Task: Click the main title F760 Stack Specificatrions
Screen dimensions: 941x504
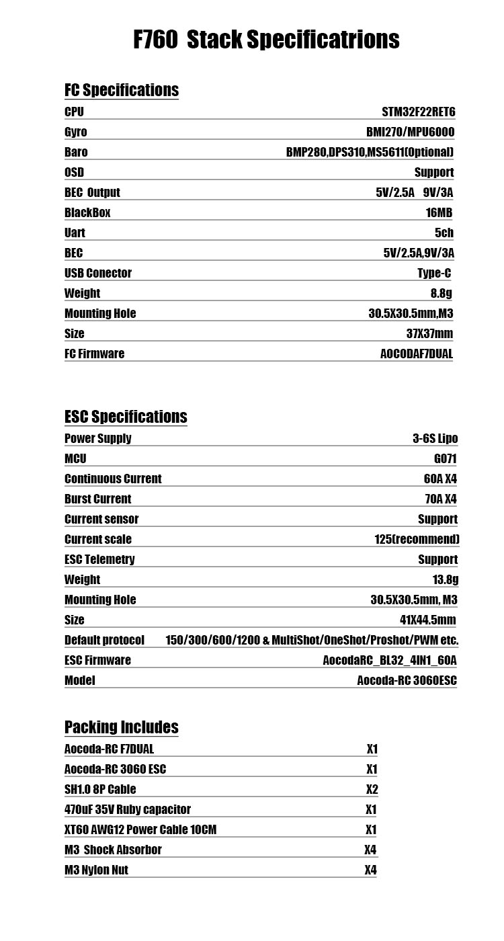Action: tap(266, 40)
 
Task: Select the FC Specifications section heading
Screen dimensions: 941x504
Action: tap(122, 90)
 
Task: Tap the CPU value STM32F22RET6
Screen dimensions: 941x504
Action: tap(419, 112)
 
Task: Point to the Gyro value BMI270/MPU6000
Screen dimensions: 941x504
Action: tap(410, 132)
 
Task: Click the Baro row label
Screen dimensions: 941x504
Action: tap(76, 152)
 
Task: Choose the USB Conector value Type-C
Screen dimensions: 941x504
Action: tap(434, 273)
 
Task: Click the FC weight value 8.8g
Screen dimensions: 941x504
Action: tap(442, 293)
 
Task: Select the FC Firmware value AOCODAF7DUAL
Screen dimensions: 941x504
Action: tap(417, 354)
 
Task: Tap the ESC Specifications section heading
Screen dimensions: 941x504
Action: tap(126, 417)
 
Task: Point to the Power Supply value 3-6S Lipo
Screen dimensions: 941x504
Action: tap(435, 438)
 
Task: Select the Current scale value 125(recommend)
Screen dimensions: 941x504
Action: tap(417, 539)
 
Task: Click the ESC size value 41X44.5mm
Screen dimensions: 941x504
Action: tap(427, 620)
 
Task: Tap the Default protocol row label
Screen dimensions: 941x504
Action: tap(104, 640)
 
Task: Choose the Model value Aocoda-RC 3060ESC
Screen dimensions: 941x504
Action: tap(407, 680)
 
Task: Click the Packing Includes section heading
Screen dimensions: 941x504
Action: tap(122, 727)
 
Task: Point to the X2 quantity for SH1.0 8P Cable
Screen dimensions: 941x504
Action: tap(372, 789)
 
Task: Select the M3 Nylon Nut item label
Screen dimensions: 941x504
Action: tap(96, 870)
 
